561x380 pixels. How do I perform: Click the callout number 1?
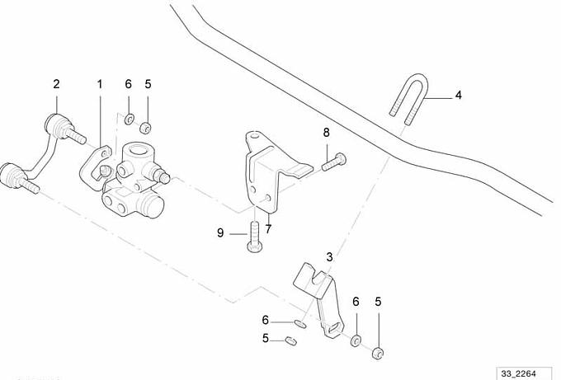click(x=101, y=84)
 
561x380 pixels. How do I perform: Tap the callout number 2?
click(x=56, y=84)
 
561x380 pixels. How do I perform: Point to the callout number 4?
click(x=458, y=95)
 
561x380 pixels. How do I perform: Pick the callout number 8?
click(x=326, y=132)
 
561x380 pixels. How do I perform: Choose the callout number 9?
click(x=220, y=233)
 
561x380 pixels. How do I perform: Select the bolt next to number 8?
click(x=333, y=162)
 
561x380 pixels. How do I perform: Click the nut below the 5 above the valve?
click(x=146, y=127)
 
